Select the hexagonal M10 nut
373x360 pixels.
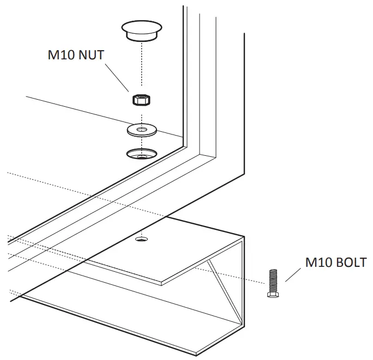pyautogui.click(x=141, y=100)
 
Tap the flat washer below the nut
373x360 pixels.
pyautogui.click(x=141, y=130)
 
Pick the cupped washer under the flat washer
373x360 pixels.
pyautogui.click(x=141, y=154)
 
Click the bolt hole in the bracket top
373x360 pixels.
pyautogui.click(x=142, y=239)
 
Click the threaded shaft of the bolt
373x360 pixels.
pyautogui.click(x=273, y=280)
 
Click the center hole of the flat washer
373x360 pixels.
pyautogui.click(x=141, y=130)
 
